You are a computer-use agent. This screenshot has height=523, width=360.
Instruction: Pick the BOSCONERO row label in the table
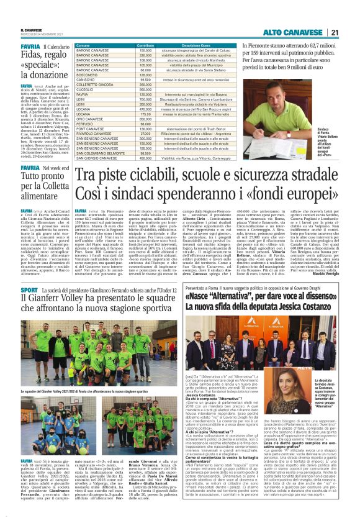(x=88, y=75)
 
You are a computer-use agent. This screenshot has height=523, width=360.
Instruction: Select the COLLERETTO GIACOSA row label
(x=96, y=84)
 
